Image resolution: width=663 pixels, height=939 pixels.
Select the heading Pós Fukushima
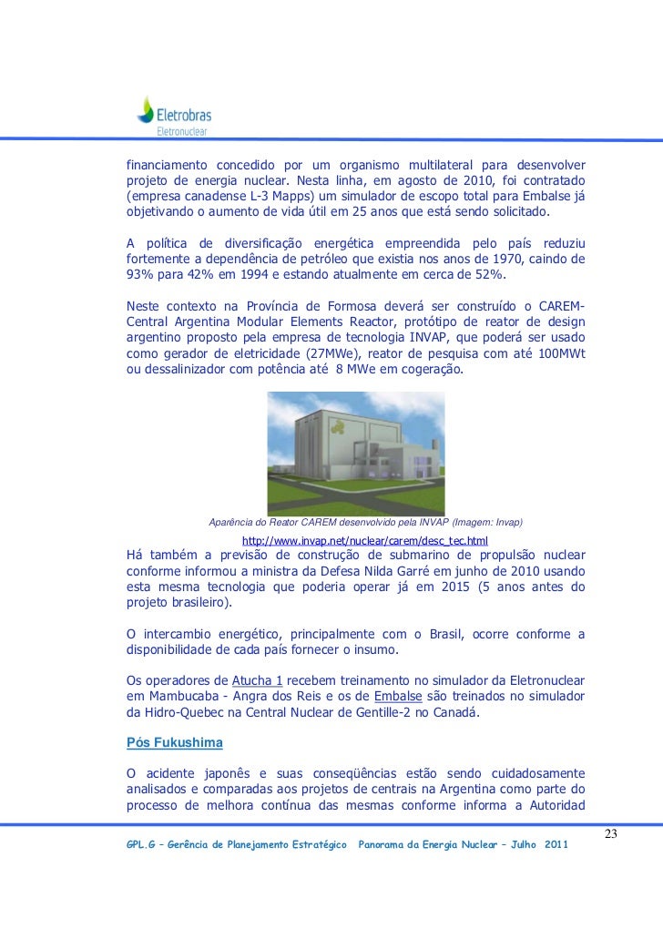tap(173, 743)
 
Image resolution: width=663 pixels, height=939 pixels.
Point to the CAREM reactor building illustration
tap(354, 454)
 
